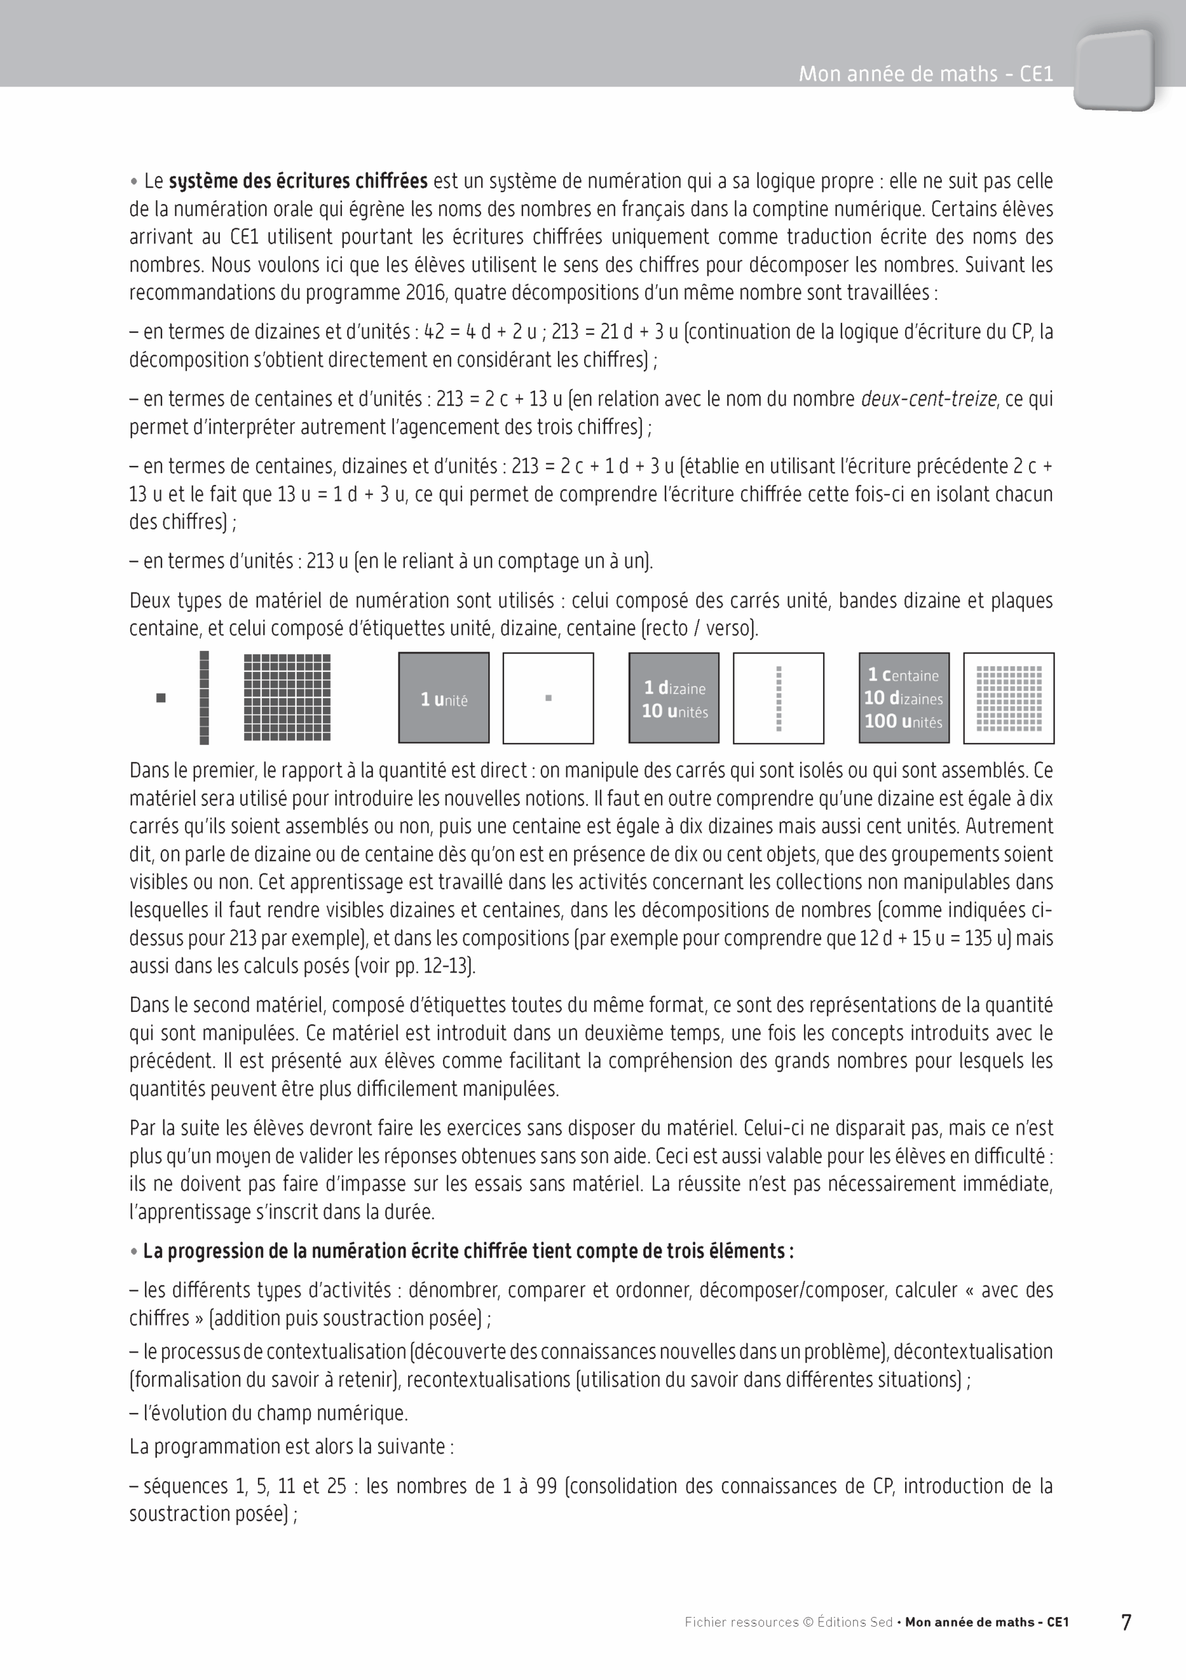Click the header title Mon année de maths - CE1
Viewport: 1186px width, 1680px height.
click(925, 74)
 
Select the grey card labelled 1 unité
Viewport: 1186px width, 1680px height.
click(444, 698)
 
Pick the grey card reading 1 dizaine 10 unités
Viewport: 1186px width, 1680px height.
click(674, 698)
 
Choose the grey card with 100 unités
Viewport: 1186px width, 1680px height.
click(904, 698)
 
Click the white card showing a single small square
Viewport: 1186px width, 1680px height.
click(548, 698)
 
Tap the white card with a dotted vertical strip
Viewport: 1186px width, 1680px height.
click(778, 698)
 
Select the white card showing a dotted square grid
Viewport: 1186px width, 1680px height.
click(1009, 698)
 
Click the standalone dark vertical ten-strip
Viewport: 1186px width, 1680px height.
click(204, 698)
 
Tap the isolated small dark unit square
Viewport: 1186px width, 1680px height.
click(161, 698)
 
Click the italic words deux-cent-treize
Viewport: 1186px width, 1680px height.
click(929, 399)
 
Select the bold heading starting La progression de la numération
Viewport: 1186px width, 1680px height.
click(468, 1251)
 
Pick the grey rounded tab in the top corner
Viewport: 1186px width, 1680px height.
click(1114, 70)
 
